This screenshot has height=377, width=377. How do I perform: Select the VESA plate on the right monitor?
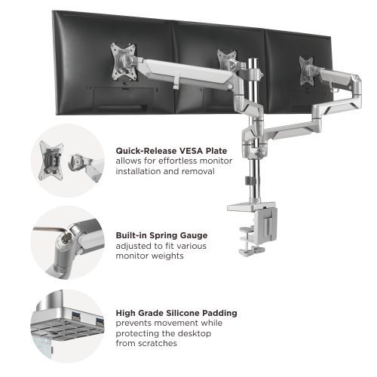click(307, 65)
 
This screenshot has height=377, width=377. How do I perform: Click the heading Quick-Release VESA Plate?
click(171, 150)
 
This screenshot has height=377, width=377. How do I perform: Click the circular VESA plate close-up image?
click(67, 160)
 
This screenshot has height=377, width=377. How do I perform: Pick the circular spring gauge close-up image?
click(67, 242)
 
